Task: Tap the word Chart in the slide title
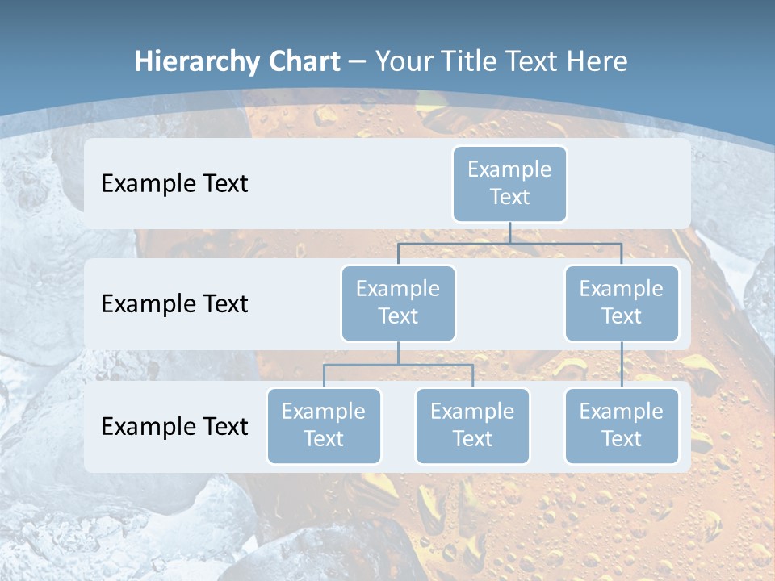pyautogui.click(x=300, y=61)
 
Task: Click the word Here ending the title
pyautogui.click(x=598, y=61)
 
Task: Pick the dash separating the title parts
pyautogui.click(x=358, y=62)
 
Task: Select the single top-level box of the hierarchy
pyautogui.click(x=509, y=183)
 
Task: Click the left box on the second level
pyautogui.click(x=398, y=303)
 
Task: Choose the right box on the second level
pyautogui.click(x=622, y=303)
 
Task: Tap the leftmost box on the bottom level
pyautogui.click(x=324, y=425)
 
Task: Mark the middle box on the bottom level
pyautogui.click(x=472, y=425)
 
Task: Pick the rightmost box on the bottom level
pyautogui.click(x=622, y=425)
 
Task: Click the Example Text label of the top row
pyautogui.click(x=174, y=183)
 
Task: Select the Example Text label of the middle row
pyautogui.click(x=174, y=303)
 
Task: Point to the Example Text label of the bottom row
pyautogui.click(x=174, y=425)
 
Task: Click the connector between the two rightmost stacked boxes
pyautogui.click(x=622, y=365)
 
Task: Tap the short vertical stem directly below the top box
pyautogui.click(x=509, y=232)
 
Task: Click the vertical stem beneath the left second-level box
pyautogui.click(x=398, y=353)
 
